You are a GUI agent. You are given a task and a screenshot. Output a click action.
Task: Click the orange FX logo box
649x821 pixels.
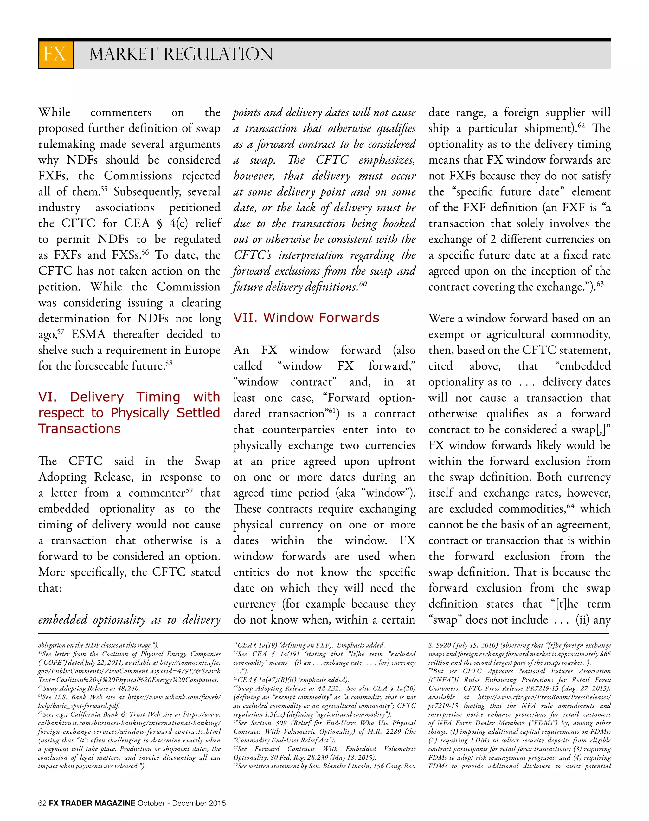(x=55, y=54)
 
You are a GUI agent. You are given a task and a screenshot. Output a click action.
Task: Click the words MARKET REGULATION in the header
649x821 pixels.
(x=181, y=54)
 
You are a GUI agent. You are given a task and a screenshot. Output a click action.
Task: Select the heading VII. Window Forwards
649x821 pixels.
(x=306, y=317)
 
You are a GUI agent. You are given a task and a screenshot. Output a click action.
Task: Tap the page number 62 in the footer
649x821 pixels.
(x=42, y=803)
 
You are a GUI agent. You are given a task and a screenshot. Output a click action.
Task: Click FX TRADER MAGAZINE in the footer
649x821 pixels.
(x=92, y=803)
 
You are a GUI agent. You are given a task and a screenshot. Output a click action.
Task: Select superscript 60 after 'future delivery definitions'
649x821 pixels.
(x=363, y=284)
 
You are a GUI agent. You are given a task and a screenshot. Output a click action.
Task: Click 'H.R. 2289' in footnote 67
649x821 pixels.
(x=387, y=731)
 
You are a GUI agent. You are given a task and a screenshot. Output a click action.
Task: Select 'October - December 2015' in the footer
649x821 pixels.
(x=182, y=803)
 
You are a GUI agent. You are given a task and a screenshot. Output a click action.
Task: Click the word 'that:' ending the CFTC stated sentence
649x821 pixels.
(x=50, y=588)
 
